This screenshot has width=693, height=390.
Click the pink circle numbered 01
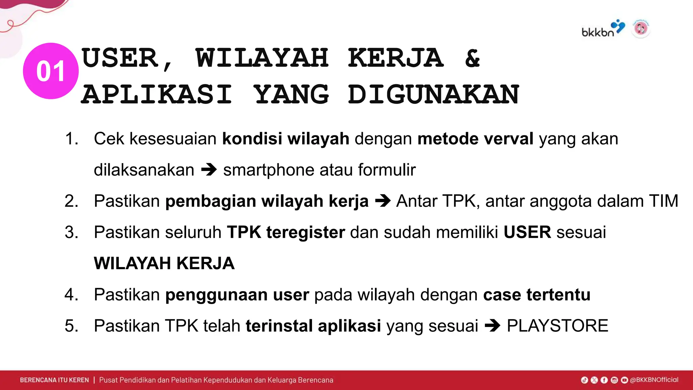pyautogui.click(x=51, y=71)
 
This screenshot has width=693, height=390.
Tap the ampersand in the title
pyautogui.click(x=472, y=58)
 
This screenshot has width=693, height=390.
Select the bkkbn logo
pyautogui.click(x=602, y=29)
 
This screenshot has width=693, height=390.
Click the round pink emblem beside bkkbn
pyautogui.click(x=641, y=28)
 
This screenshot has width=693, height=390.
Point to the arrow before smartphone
pyautogui.click(x=209, y=170)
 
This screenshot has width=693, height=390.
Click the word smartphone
pyautogui.click(x=268, y=170)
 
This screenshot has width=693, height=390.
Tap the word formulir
pyautogui.click(x=387, y=170)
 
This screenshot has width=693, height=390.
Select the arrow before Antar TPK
pyautogui.click(x=383, y=201)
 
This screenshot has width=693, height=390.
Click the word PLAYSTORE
pyautogui.click(x=557, y=326)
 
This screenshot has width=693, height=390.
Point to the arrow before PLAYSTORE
pyautogui.click(x=492, y=326)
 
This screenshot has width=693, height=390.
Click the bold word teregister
pyautogui.click(x=306, y=232)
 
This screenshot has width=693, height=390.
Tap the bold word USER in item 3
pyautogui.click(x=527, y=232)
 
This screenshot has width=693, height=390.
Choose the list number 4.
pyautogui.click(x=71, y=295)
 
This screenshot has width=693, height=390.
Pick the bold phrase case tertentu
pyautogui.click(x=537, y=295)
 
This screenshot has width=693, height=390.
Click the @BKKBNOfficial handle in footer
pyautogui.click(x=654, y=380)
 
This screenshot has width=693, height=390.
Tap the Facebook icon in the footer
pyautogui.click(x=604, y=380)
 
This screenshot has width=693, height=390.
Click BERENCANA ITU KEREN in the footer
pyautogui.click(x=54, y=380)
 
